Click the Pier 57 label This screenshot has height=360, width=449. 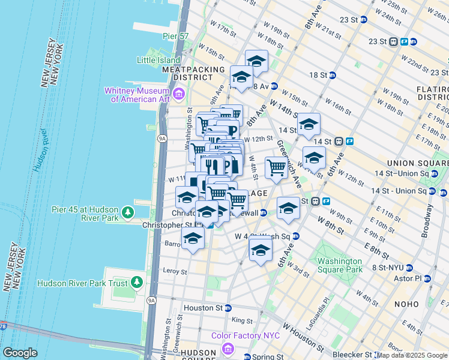[176, 36]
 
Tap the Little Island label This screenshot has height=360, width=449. [158, 60]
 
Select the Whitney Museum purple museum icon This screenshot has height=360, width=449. [179, 94]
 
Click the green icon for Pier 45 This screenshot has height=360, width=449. [127, 212]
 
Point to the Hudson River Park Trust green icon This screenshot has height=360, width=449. [137, 283]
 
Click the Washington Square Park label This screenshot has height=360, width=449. [340, 265]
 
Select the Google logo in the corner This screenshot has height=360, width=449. [20, 353]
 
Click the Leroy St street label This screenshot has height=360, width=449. [175, 271]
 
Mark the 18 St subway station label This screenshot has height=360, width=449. [318, 75]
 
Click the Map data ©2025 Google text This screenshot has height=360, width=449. [412, 355]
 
